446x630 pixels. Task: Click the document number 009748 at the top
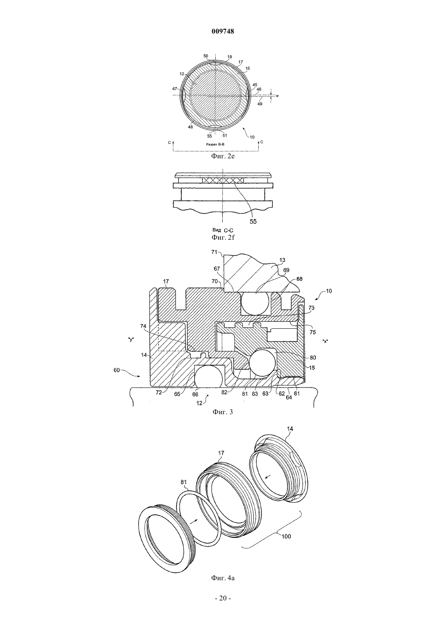(x=223, y=32)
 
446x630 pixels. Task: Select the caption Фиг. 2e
(x=223, y=156)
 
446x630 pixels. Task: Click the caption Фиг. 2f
(x=223, y=237)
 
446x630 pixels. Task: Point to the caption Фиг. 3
(x=223, y=412)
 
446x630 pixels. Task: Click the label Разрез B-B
(x=215, y=144)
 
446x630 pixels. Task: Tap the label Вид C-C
(x=221, y=231)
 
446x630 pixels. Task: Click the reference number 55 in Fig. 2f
(x=253, y=221)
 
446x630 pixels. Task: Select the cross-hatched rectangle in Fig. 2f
(x=223, y=180)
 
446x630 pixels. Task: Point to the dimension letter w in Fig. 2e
(x=277, y=96)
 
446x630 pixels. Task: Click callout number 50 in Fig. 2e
(x=206, y=56)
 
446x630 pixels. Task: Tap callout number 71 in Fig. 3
(x=214, y=252)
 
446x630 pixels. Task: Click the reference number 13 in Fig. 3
(x=274, y=260)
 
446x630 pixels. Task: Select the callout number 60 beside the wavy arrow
(x=117, y=370)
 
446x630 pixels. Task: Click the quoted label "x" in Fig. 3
(x=325, y=341)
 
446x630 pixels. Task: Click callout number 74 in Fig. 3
(x=143, y=326)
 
